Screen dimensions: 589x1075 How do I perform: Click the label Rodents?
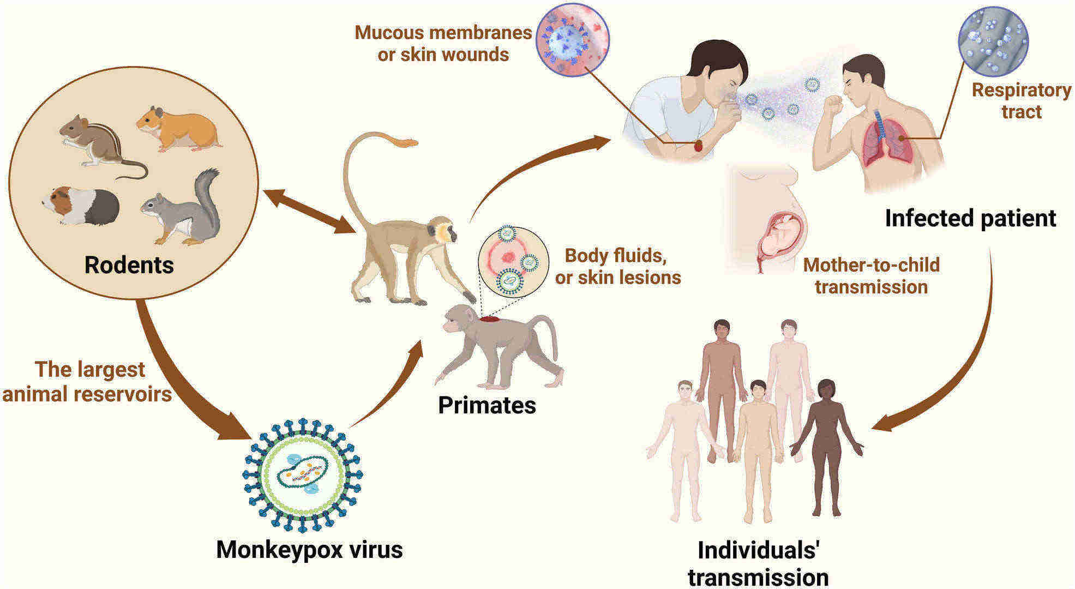point(129,265)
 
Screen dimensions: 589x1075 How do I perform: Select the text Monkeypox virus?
point(309,549)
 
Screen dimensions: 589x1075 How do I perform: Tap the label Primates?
point(487,405)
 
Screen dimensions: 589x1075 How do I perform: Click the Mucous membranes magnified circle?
point(573,39)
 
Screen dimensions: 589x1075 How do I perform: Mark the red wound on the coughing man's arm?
point(699,146)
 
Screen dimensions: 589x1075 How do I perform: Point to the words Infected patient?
point(970,218)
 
